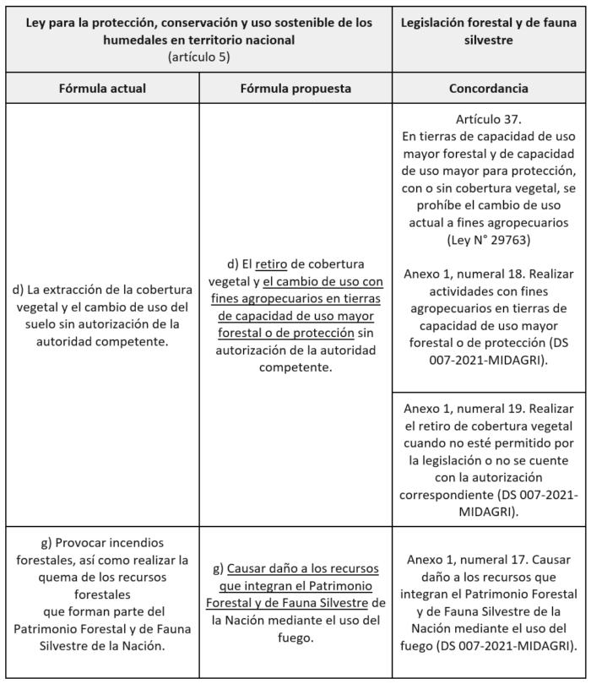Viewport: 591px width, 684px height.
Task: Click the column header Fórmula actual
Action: coord(102,88)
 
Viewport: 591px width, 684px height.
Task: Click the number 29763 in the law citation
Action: coord(512,241)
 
